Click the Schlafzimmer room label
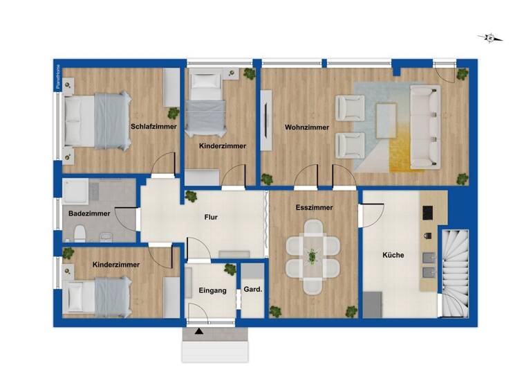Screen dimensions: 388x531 153,127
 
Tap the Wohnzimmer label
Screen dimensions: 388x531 306,127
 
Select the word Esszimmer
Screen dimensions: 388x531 315,207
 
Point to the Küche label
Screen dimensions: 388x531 393,255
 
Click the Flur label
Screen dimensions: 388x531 212,218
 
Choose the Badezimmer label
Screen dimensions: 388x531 85,213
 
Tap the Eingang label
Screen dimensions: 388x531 212,291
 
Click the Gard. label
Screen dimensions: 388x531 252,290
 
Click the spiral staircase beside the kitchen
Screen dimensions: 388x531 455,272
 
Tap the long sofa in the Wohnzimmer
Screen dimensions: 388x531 425,127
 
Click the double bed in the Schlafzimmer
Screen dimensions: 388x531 97,122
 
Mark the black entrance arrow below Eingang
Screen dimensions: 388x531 199,331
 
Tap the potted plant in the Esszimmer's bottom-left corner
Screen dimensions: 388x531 276,312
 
